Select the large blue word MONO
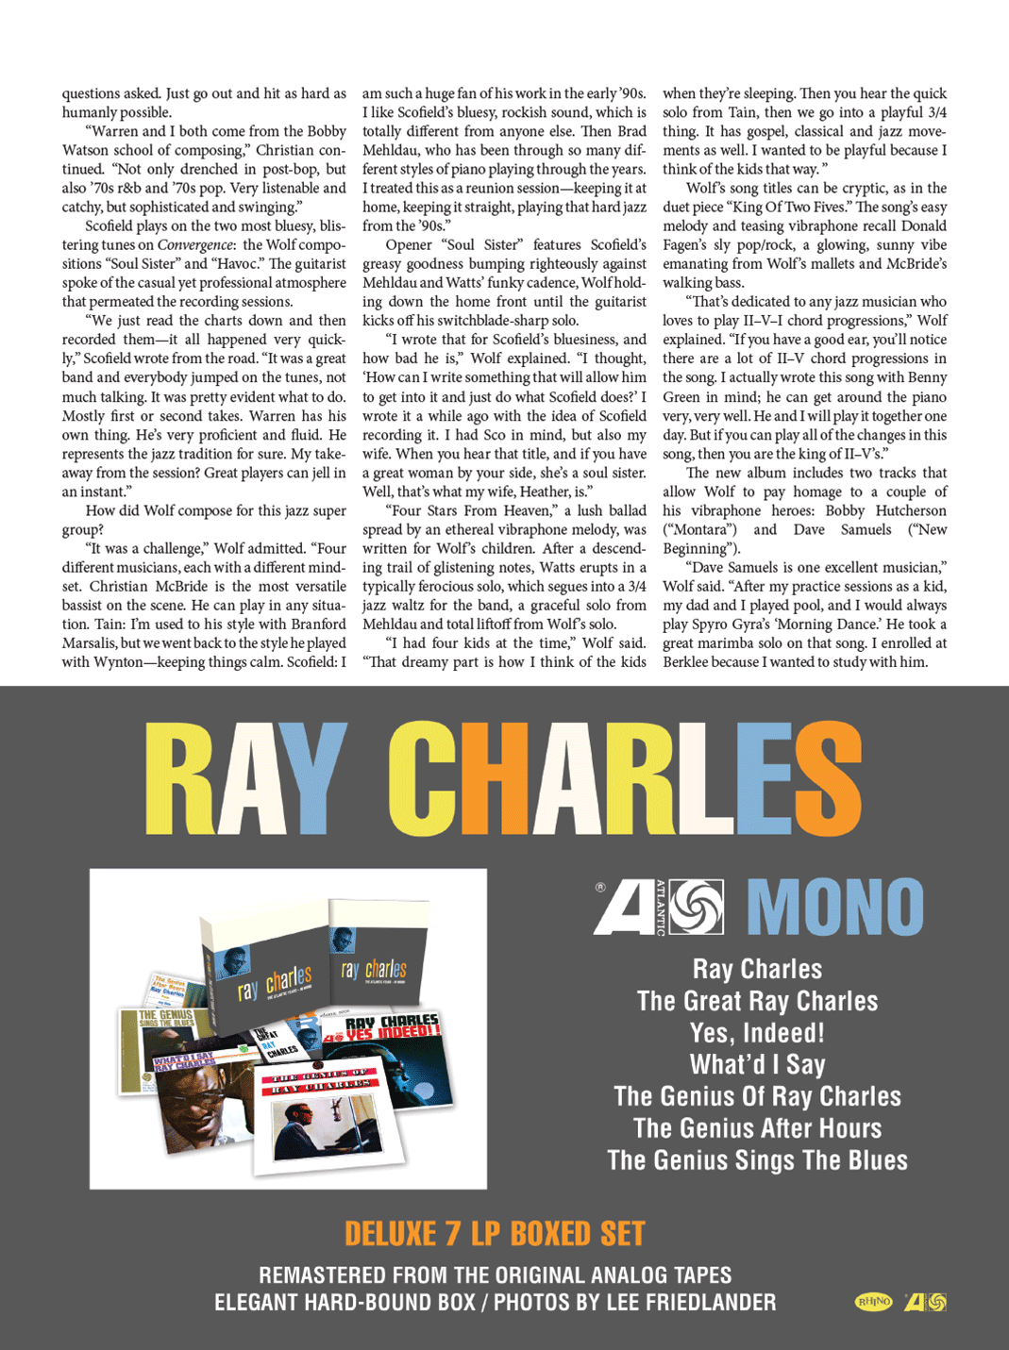pyautogui.click(x=835, y=908)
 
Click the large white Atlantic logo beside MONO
pyautogui.click(x=659, y=908)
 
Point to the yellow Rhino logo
pyautogui.click(x=873, y=1302)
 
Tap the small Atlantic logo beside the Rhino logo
pyautogui.click(x=925, y=1302)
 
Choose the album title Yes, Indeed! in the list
pyautogui.click(x=757, y=1033)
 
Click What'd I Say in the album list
pyautogui.click(x=757, y=1065)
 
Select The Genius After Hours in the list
pyautogui.click(x=757, y=1128)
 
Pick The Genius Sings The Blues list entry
pyautogui.click(x=757, y=1160)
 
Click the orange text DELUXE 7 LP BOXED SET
pyautogui.click(x=495, y=1234)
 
